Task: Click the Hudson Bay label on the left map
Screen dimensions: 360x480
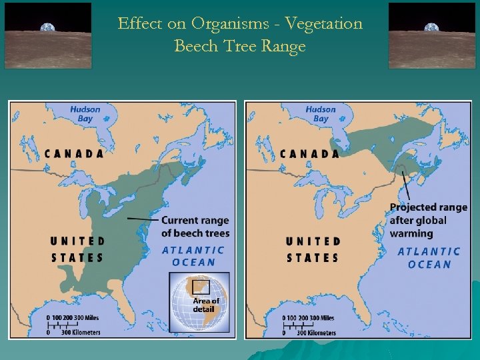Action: click(85, 114)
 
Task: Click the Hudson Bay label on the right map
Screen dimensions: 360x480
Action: click(321, 114)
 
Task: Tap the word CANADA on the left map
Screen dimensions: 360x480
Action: click(75, 153)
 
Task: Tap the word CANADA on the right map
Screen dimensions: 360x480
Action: click(309, 153)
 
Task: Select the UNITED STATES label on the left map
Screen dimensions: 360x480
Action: click(78, 249)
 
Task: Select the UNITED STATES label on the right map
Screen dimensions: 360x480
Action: click(313, 249)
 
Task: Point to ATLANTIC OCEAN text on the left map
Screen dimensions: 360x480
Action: click(193, 256)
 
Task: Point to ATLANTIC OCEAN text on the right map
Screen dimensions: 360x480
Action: click(429, 257)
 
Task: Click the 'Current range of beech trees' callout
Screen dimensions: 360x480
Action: click(195, 227)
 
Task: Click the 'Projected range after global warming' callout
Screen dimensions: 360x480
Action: click(429, 220)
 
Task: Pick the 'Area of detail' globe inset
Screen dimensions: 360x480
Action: click(199, 302)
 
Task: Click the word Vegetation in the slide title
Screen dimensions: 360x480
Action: click(323, 24)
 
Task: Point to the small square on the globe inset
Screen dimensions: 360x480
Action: click(200, 287)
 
